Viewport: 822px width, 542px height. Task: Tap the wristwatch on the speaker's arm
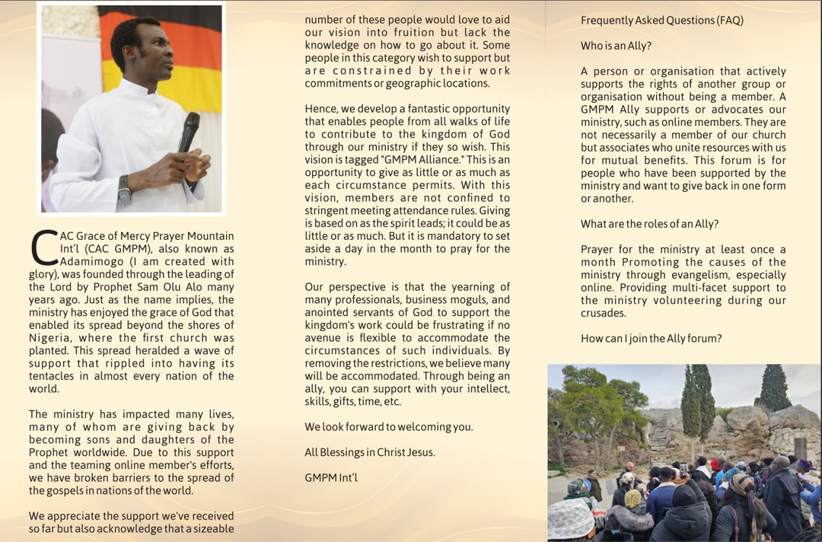pos(125,188)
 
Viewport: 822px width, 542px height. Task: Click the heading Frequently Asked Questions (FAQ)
pos(661,21)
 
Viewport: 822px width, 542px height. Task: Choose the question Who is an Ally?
pos(616,46)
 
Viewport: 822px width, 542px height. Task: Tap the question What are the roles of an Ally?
pos(649,224)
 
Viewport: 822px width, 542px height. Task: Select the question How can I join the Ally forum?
pos(651,338)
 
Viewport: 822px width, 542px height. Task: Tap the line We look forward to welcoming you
pos(388,427)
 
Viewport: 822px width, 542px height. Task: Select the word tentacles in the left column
pos(53,376)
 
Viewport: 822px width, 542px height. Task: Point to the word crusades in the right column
pos(604,313)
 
